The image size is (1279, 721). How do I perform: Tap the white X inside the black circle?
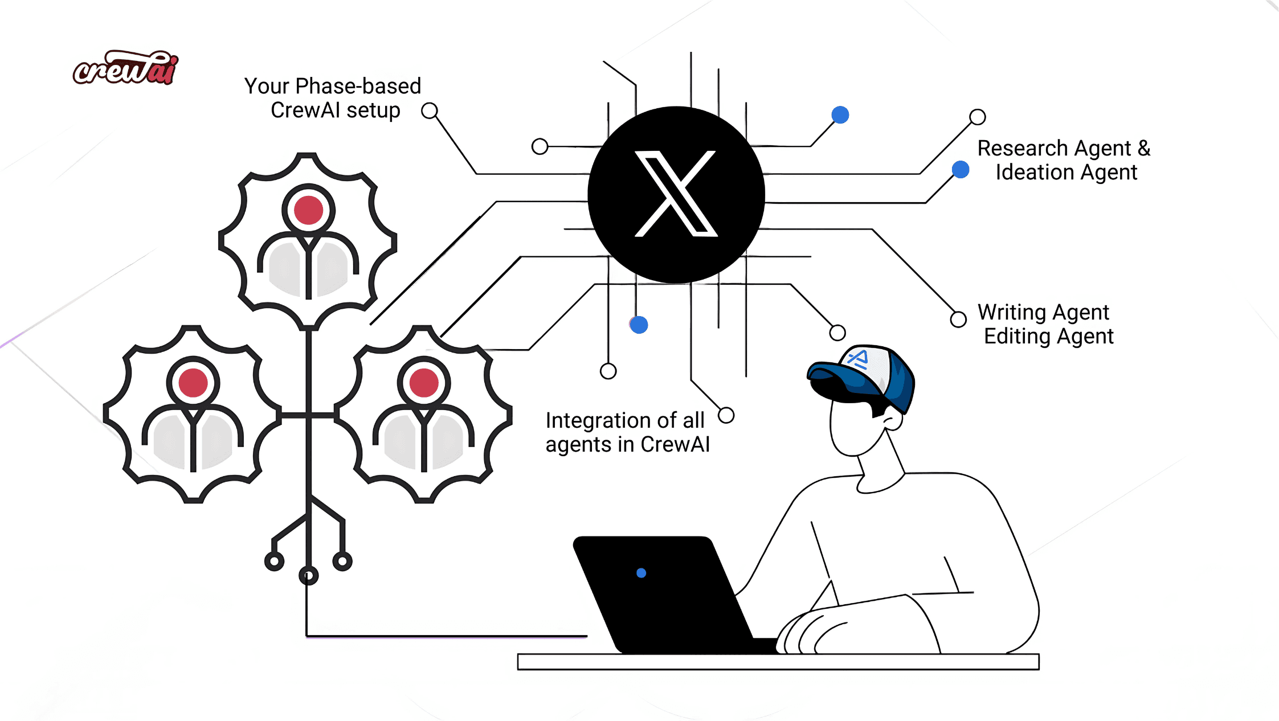[x=676, y=194]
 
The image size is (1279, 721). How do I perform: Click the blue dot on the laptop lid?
[x=641, y=573]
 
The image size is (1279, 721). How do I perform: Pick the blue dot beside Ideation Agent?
[x=961, y=170]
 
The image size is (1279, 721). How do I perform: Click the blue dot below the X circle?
[x=639, y=325]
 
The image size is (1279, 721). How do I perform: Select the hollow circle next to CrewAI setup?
[x=430, y=110]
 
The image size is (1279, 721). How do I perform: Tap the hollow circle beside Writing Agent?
[x=958, y=319]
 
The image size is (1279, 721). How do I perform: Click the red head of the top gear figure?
[x=308, y=210]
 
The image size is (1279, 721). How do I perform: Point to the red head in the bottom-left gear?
[x=193, y=383]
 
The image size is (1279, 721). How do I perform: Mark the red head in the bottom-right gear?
[x=424, y=383]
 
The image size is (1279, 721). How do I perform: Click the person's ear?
[x=892, y=420]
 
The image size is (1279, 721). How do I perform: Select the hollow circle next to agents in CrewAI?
[x=726, y=415]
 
